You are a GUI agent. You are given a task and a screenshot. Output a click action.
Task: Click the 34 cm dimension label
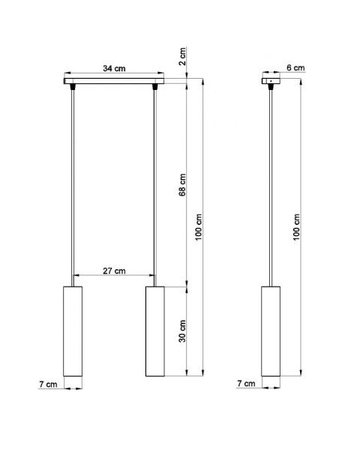114,68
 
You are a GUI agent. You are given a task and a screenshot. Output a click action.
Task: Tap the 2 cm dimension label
182,56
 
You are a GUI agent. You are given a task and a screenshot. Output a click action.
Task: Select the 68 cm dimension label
182,184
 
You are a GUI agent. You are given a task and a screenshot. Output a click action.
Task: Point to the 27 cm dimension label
114,271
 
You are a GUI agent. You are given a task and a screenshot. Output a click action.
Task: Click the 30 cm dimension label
182,331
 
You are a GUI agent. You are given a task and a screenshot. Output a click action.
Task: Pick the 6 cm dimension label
295,67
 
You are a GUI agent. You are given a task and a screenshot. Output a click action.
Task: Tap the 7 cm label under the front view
48,384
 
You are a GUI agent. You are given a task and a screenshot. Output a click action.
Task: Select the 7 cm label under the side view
246,383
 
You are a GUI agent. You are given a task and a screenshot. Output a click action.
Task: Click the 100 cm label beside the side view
296,227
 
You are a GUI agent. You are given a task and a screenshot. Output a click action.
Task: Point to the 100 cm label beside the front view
199,227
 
